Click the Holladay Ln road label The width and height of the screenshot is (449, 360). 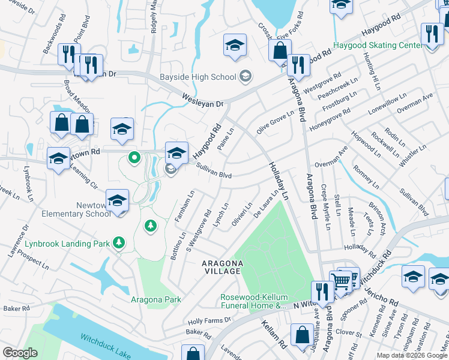(278, 181)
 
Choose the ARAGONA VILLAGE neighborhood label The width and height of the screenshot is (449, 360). (222, 268)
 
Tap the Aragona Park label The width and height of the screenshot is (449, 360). (156, 299)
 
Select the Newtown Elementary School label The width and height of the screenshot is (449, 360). (68, 209)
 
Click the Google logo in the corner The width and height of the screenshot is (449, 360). (20, 353)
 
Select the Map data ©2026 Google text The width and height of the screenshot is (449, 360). (411, 355)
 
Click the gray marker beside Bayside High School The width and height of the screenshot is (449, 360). (245, 76)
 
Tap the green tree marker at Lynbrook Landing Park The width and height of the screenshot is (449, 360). (120, 242)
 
